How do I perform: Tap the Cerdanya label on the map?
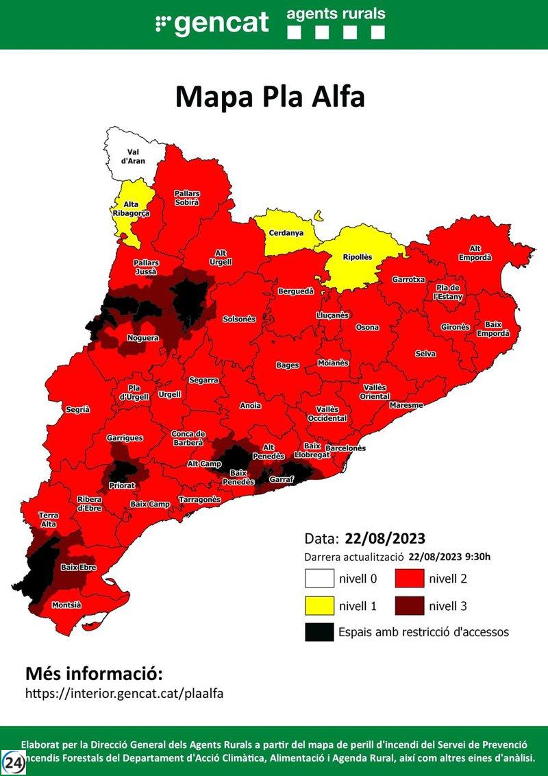point(286,233)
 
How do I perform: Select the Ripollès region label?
point(357,257)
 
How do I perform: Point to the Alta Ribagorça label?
point(131,208)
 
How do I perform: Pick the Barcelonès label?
point(345,448)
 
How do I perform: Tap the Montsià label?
point(66,605)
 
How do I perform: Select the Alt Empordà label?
point(480,253)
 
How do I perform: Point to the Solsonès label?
point(239,319)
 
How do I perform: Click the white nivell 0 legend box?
point(319,579)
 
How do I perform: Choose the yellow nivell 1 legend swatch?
point(319,605)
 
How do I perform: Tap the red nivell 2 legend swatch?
point(409,579)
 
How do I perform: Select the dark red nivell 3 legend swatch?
point(409,605)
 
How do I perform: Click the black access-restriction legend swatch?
point(319,632)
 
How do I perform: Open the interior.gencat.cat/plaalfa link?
point(124,693)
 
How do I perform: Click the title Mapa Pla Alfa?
point(270,97)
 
